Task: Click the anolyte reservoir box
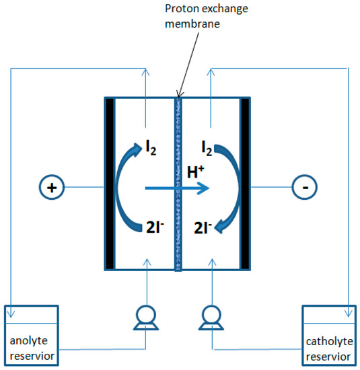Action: pos(31,334)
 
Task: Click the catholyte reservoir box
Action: pos(327,334)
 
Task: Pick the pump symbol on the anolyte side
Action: pos(145,318)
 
